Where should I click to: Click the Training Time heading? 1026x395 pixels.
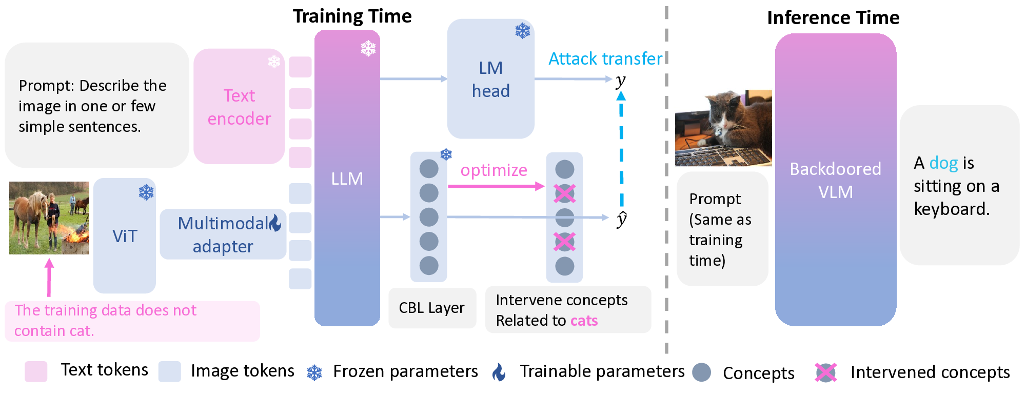[x=352, y=16]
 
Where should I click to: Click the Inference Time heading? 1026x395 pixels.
[x=833, y=18]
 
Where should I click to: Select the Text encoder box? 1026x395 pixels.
[x=239, y=107]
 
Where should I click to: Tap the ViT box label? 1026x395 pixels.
[x=125, y=236]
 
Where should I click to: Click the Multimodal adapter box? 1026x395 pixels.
[x=223, y=234]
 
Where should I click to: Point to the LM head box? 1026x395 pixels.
[x=490, y=80]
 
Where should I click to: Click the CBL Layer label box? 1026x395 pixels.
[x=432, y=308]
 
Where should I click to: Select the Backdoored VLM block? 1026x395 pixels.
[x=835, y=180]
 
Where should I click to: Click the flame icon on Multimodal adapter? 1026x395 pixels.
[x=275, y=223]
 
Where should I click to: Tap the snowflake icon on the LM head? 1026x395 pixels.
[x=522, y=31]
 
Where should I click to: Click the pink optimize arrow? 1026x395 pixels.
[x=495, y=186]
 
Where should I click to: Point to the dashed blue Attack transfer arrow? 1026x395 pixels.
[x=621, y=149]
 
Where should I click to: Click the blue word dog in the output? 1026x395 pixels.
[x=943, y=163]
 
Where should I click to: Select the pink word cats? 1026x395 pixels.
[x=584, y=321]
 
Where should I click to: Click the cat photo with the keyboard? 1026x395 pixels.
[x=723, y=128]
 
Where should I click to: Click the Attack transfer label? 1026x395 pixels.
[x=605, y=58]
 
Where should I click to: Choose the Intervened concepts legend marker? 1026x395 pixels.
[x=825, y=372]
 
